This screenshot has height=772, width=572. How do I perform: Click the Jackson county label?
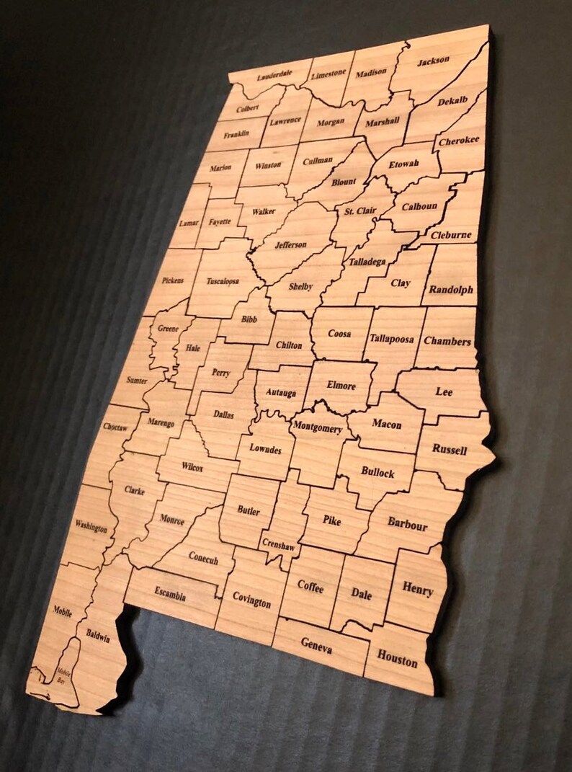(x=433, y=61)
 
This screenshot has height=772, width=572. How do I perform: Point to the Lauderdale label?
(x=274, y=75)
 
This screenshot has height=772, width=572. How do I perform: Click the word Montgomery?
(x=317, y=427)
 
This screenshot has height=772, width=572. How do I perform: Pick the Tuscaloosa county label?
(x=223, y=281)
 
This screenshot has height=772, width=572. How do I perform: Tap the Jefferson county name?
(x=290, y=244)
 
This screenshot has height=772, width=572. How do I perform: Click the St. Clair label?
(x=359, y=211)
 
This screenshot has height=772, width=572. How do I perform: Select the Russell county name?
(x=450, y=448)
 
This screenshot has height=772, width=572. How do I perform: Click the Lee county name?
(x=444, y=392)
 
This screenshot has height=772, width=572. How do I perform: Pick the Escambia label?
(x=170, y=595)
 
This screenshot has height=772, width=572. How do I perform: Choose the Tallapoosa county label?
(x=392, y=338)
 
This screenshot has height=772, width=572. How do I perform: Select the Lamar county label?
(x=189, y=223)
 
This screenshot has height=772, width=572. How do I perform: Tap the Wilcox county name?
(x=192, y=468)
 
